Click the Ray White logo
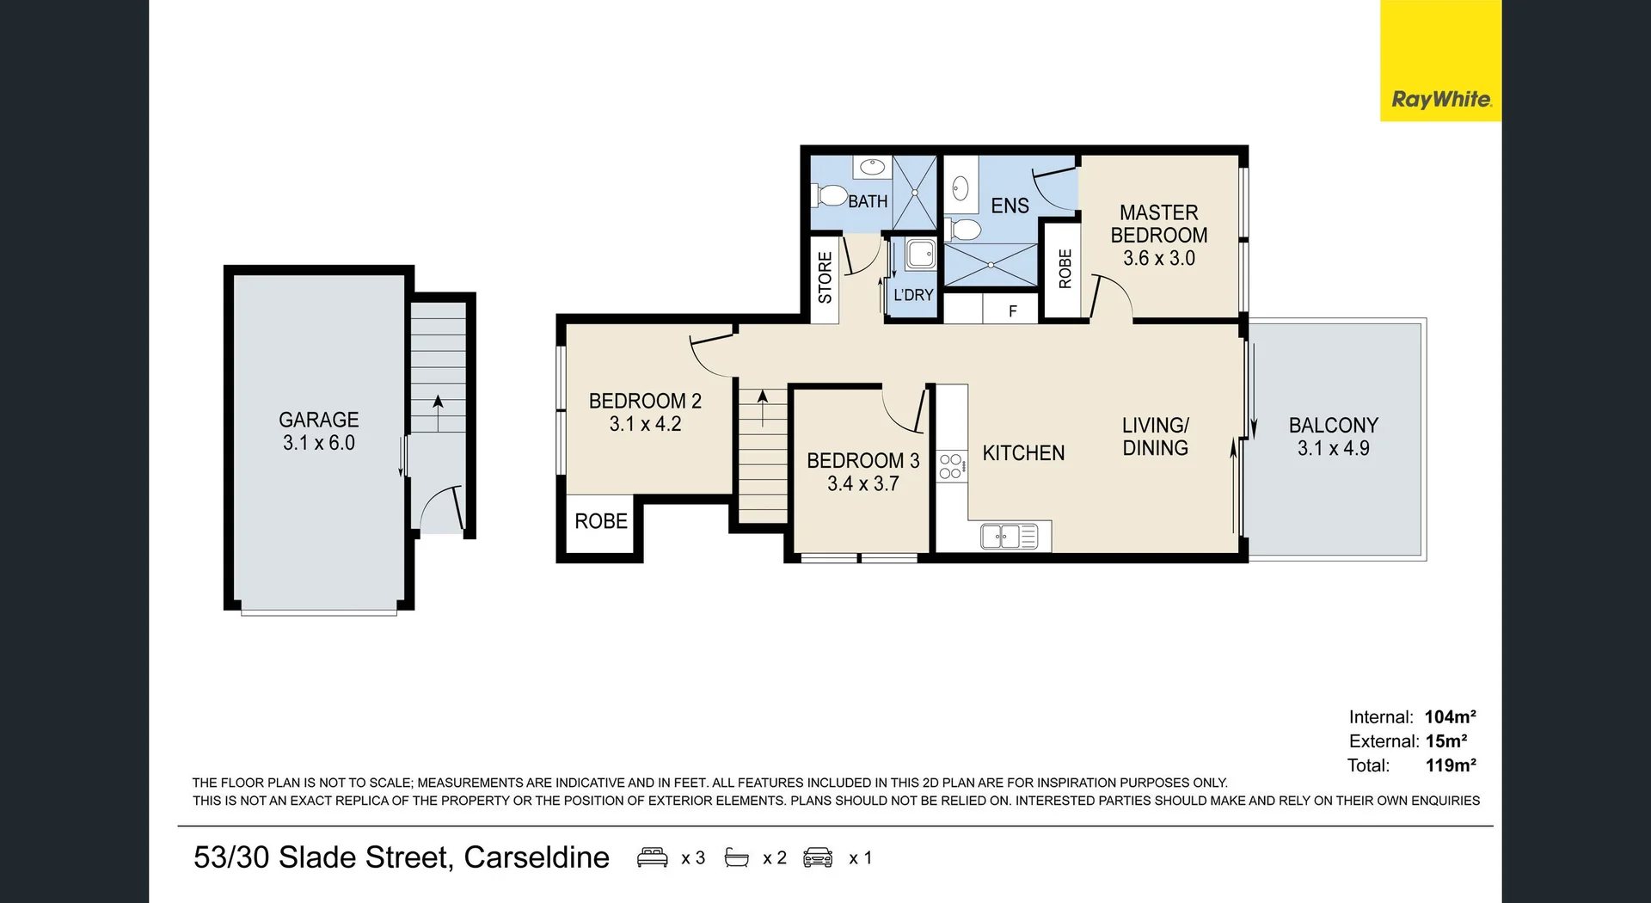pos(1440,99)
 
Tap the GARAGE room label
pos(318,420)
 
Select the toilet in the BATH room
pos(830,196)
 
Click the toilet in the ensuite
pos(965,230)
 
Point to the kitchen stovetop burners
pos(950,466)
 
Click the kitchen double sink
pos(1009,537)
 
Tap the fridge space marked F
pos(1012,310)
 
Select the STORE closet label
pos(825,277)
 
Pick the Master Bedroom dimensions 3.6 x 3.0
pos(1158,258)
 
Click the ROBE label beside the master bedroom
pos(1065,268)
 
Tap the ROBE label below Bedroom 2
pos(600,521)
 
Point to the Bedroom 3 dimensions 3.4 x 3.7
pos(862,483)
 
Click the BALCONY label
pos(1333,425)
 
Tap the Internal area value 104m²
pos(1450,716)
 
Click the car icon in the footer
pos(818,857)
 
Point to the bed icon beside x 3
pos(652,857)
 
